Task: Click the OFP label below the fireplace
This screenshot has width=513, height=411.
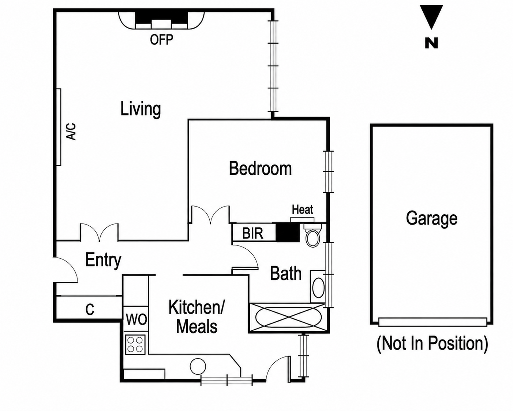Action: click(x=161, y=40)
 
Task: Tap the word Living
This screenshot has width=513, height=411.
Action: click(x=141, y=109)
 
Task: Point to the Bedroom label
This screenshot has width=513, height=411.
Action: click(x=260, y=169)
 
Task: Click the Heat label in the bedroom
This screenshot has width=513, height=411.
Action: click(x=303, y=210)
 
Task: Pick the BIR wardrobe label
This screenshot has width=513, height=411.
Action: click(x=253, y=233)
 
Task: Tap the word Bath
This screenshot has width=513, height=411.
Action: click(x=285, y=274)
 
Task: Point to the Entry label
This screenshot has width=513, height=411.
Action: click(x=103, y=261)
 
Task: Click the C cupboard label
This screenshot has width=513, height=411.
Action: click(x=90, y=310)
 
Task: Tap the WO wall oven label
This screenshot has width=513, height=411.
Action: click(x=136, y=319)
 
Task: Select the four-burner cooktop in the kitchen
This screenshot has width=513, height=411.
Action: click(x=135, y=344)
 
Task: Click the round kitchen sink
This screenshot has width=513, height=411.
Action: click(x=198, y=366)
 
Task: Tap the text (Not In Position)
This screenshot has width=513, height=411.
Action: click(x=432, y=344)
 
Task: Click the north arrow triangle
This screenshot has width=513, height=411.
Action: click(x=431, y=17)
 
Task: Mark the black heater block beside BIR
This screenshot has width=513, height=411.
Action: click(x=288, y=233)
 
